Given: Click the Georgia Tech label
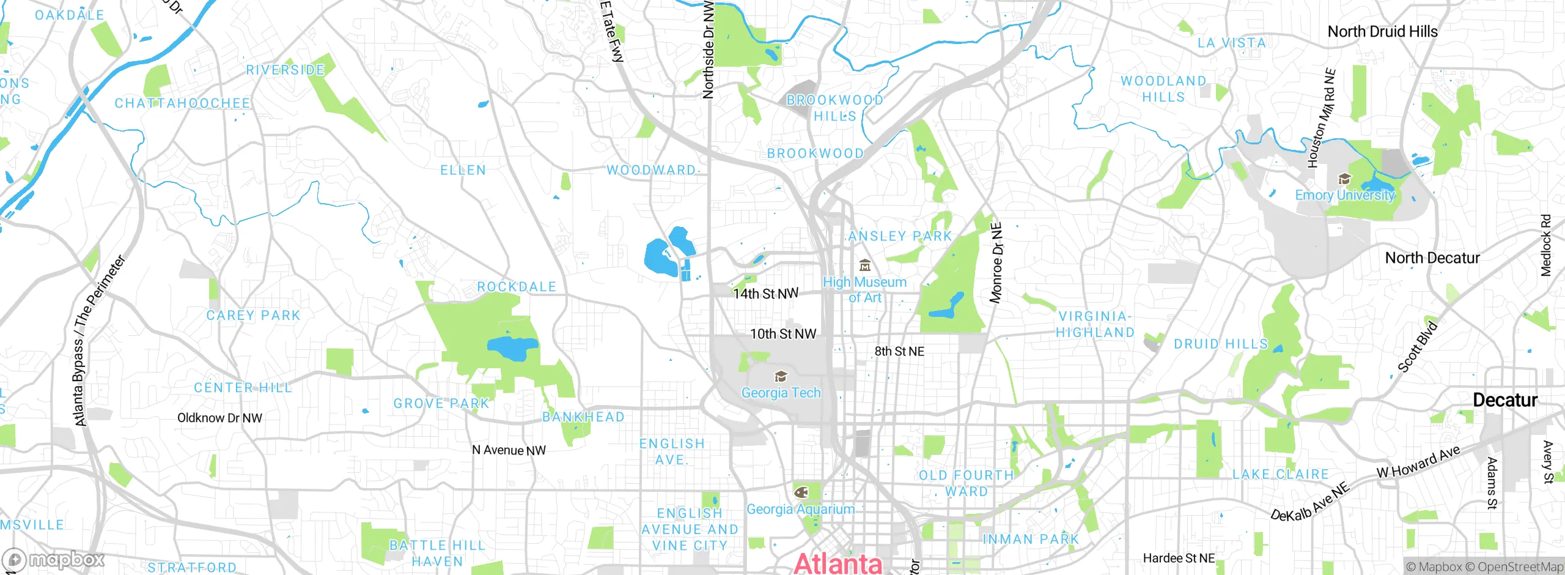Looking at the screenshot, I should tap(781, 393).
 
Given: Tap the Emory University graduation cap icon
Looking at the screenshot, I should tap(1344, 179).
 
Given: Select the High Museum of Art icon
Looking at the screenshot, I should tap(865, 265).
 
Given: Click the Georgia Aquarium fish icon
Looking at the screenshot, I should tap(801, 492).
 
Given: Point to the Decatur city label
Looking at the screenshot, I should tap(1504, 400).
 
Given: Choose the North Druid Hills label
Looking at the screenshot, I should tap(1382, 31).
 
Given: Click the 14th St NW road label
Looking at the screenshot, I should tap(765, 294).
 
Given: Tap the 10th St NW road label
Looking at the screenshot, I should tap(783, 334).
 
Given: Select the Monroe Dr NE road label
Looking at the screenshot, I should tap(996, 263).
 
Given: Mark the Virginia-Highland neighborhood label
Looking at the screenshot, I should tap(1095, 324).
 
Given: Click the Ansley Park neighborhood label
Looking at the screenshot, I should tap(900, 236).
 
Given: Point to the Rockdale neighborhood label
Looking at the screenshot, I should tap(517, 287).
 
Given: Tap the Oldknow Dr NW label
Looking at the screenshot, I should tap(219, 418).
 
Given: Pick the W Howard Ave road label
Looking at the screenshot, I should tap(1418, 462).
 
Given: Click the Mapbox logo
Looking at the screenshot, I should tap(54, 560).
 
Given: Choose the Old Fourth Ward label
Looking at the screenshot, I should tap(967, 483).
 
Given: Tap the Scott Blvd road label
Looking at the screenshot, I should tap(1417, 346).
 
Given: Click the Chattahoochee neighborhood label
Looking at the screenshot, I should tap(182, 103).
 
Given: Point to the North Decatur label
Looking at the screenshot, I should tap(1432, 258).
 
